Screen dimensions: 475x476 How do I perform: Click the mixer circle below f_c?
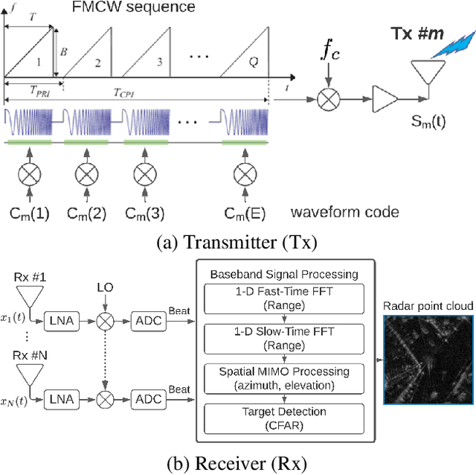(328, 97)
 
